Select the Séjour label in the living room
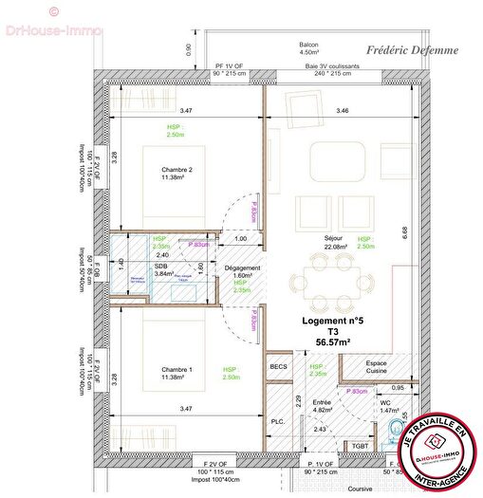(x=310, y=239)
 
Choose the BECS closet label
(x=278, y=367)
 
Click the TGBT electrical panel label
(x=360, y=445)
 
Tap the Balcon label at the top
(x=308, y=45)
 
